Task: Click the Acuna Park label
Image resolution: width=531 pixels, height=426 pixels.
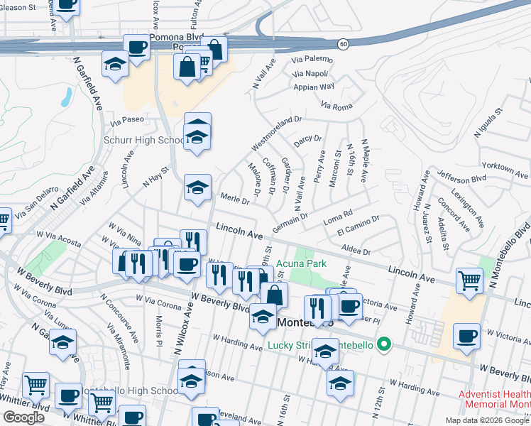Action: pyautogui.click(x=302, y=263)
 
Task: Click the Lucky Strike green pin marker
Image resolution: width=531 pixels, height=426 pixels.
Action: pyautogui.click(x=384, y=346)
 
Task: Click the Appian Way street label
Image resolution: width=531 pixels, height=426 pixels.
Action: pyautogui.click(x=315, y=87)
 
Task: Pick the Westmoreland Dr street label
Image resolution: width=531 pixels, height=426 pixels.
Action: pyautogui.click(x=277, y=132)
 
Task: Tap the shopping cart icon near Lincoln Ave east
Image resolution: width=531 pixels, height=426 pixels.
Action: pyautogui.click(x=469, y=280)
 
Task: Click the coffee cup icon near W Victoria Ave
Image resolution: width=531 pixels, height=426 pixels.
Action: pyautogui.click(x=466, y=336)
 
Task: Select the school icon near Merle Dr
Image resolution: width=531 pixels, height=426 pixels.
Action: pyautogui.click(x=197, y=187)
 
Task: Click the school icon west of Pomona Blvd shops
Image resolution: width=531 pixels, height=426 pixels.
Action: pyautogui.click(x=114, y=65)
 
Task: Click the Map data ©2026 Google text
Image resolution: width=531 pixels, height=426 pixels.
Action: pyautogui.click(x=487, y=420)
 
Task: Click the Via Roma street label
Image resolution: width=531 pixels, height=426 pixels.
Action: pyautogui.click(x=336, y=106)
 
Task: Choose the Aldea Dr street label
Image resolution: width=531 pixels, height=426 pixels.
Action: pyautogui.click(x=356, y=251)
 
